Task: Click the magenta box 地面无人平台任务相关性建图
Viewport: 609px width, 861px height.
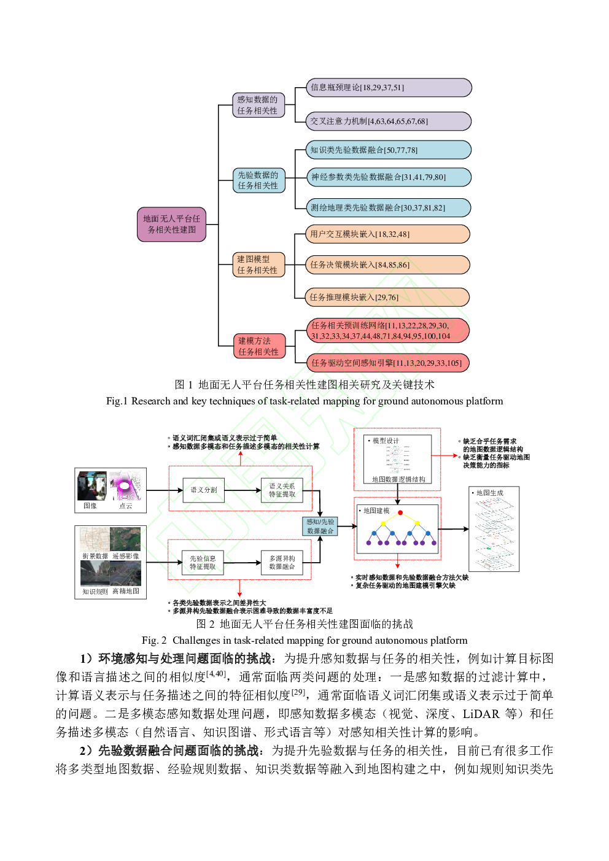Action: (x=171, y=225)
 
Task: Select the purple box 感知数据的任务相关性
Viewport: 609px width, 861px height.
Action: (x=258, y=105)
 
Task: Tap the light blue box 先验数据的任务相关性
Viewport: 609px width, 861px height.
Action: (x=258, y=180)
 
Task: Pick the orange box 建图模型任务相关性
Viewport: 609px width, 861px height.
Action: (x=258, y=264)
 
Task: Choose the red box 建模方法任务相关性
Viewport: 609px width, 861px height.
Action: (x=259, y=346)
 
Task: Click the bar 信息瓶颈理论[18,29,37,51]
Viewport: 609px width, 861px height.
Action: (x=388, y=88)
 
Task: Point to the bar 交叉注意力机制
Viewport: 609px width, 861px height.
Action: (x=388, y=122)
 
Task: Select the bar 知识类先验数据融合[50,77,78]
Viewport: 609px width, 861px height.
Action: (x=388, y=150)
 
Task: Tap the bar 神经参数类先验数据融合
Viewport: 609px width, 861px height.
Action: (x=388, y=177)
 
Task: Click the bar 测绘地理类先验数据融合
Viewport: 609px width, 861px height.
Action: (x=388, y=208)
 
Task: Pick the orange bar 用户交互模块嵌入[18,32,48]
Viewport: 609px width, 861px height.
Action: (x=387, y=234)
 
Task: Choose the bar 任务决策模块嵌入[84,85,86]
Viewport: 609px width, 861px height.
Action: (x=387, y=265)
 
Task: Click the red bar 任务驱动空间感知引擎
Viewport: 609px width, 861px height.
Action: (x=387, y=363)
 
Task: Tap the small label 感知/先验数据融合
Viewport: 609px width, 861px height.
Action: (x=320, y=527)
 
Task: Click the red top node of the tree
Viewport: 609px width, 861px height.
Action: (x=400, y=512)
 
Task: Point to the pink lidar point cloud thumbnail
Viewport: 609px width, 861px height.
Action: (x=125, y=485)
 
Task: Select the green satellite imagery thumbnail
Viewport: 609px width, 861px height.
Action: (x=126, y=539)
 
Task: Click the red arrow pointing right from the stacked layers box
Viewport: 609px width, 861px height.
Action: (x=444, y=455)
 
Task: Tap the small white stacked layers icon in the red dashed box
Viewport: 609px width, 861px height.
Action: (x=396, y=459)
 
